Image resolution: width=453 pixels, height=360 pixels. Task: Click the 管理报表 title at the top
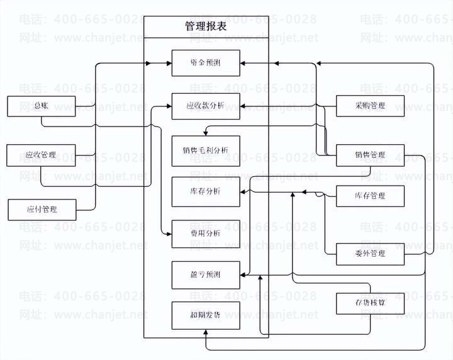pyautogui.click(x=206, y=26)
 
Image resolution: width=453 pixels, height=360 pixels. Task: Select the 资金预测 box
pyautogui.click(x=205, y=63)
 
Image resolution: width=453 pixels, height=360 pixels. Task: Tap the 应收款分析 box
pyautogui.click(x=205, y=106)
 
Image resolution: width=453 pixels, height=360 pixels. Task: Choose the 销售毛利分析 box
pyautogui.click(x=205, y=150)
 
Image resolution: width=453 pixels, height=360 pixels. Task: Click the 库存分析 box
pyautogui.click(x=205, y=191)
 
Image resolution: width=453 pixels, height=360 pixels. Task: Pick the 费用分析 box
pyautogui.click(x=205, y=233)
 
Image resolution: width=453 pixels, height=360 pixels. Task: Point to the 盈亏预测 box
pyautogui.click(x=205, y=275)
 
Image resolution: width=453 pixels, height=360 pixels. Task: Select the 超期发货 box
pyautogui.click(x=205, y=315)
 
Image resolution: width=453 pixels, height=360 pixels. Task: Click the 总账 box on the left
pyautogui.click(x=42, y=106)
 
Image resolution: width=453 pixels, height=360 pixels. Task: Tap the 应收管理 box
pyautogui.click(x=42, y=155)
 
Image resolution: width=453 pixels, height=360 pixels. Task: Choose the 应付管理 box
pyautogui.click(x=42, y=209)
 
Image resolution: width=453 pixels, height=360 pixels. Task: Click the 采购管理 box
pyautogui.click(x=369, y=106)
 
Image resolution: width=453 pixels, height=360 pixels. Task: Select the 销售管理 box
pyautogui.click(x=369, y=155)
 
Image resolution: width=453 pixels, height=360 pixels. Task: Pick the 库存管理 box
pyautogui.click(x=369, y=196)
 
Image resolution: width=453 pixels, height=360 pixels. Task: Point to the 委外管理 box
pyautogui.click(x=369, y=254)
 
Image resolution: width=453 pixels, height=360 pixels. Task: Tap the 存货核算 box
pyautogui.click(x=369, y=303)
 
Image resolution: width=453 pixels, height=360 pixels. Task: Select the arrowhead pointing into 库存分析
pyautogui.click(x=243, y=191)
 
